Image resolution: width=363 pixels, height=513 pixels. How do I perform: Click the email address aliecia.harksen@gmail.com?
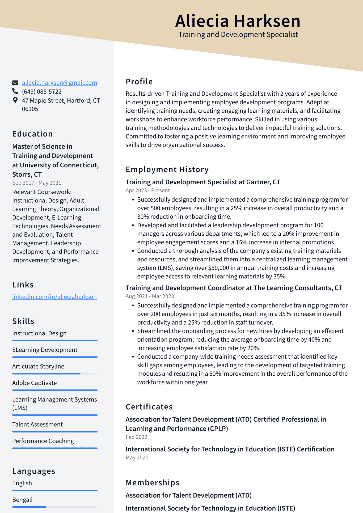point(59,83)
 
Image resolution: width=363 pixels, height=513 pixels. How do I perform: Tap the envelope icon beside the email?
point(15,83)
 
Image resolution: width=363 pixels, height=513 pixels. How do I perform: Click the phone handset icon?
point(15,91)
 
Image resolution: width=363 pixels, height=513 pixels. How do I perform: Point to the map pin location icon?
point(15,100)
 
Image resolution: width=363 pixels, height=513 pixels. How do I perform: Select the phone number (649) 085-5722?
point(42,92)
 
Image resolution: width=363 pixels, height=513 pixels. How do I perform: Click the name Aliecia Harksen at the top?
point(238,21)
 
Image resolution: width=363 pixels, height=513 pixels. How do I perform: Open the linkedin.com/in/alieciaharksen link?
point(54,297)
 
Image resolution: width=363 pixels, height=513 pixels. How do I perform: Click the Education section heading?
point(32,134)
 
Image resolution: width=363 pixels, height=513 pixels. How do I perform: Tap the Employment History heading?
point(167,169)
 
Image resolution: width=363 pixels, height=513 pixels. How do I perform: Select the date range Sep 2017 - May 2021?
point(37,183)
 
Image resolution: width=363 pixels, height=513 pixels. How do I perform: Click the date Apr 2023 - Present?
point(147,190)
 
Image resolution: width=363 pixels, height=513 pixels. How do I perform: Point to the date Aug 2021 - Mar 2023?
point(150,296)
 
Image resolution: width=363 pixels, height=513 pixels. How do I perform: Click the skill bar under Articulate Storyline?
point(55,374)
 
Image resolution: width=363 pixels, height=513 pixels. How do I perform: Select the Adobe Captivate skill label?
point(35,383)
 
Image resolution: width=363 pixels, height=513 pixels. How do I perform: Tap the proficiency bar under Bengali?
point(55,507)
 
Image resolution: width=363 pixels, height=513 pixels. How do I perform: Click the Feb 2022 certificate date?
point(136,437)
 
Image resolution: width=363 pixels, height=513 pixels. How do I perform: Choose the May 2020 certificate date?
point(137,457)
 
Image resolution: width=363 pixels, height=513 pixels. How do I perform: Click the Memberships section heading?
point(153,483)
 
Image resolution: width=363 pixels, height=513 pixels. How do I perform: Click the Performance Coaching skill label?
point(43,441)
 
